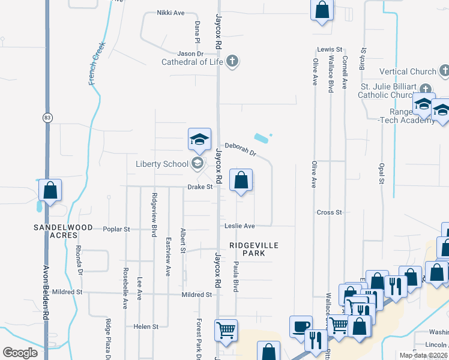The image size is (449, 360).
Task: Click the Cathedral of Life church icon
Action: click(x=232, y=61)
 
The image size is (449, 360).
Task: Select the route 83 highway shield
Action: click(x=47, y=118)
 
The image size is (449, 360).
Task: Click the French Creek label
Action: click(x=97, y=63)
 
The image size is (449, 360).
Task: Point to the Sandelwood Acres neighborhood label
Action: click(x=63, y=232)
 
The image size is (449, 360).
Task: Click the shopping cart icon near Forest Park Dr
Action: click(x=226, y=329)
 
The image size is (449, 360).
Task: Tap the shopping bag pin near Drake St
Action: click(x=241, y=179)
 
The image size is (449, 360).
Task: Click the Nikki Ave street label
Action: click(x=170, y=13)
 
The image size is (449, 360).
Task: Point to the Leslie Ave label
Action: click(x=240, y=226)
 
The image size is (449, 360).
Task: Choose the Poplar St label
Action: click(x=116, y=229)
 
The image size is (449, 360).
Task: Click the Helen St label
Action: click(x=146, y=326)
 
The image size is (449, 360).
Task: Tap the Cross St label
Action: click(x=329, y=212)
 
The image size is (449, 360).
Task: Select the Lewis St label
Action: click(x=330, y=49)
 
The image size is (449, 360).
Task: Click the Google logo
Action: click(x=20, y=353)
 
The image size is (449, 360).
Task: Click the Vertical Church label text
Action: click(x=408, y=72)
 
